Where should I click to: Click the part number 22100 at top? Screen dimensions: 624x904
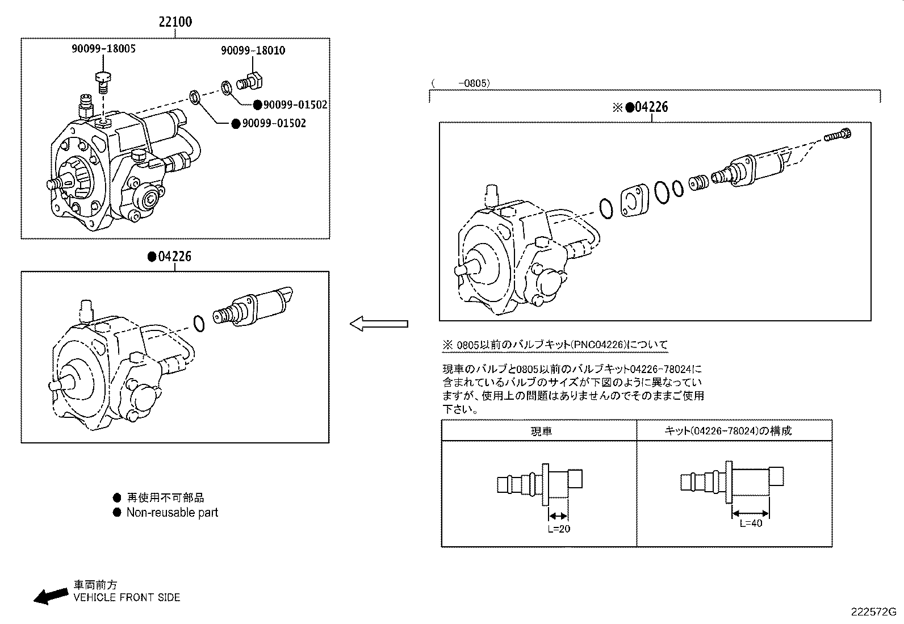pyautogui.click(x=175, y=22)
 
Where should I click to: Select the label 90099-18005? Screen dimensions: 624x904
pyautogui.click(x=103, y=49)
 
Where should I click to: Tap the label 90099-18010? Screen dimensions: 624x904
pyautogui.click(x=253, y=51)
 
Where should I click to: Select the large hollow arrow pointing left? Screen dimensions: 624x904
pyautogui.click(x=378, y=324)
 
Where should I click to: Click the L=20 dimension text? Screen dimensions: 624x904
pyautogui.click(x=559, y=529)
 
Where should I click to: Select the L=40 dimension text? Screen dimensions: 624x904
pyautogui.click(x=751, y=524)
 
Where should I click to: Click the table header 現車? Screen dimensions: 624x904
pyautogui.click(x=541, y=431)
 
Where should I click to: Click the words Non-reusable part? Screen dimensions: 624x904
pyautogui.click(x=172, y=513)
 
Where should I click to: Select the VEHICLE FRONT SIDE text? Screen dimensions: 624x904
pyautogui.click(x=127, y=597)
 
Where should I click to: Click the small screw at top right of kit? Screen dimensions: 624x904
pyautogui.click(x=839, y=136)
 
